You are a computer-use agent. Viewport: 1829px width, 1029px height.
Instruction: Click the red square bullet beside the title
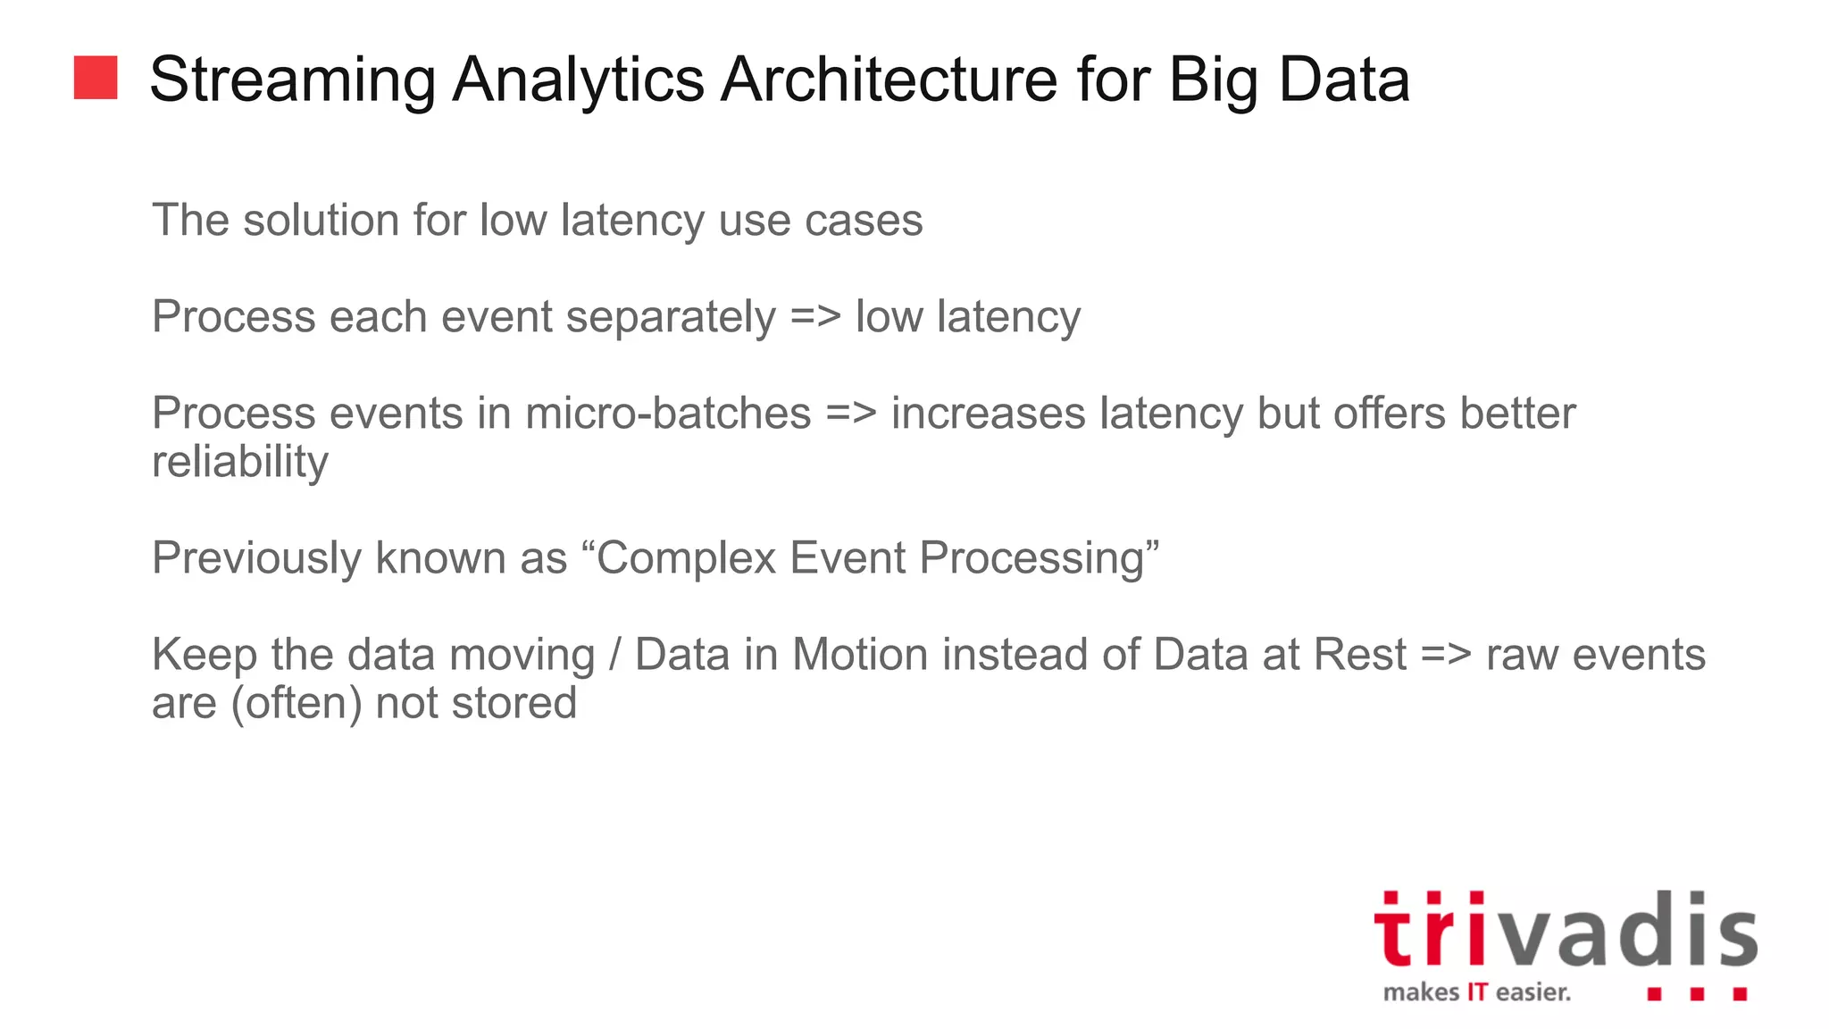[96, 78]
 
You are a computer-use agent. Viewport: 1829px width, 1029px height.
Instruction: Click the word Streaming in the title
[292, 80]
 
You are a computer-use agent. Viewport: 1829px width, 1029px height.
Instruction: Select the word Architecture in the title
[889, 80]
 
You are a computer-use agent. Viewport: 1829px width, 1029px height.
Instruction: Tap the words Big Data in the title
[1289, 80]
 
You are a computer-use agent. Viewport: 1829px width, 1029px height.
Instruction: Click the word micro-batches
[668, 414]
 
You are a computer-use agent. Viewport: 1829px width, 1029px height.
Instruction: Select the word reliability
[240, 463]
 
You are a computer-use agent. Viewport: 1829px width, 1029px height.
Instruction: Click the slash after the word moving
[614, 655]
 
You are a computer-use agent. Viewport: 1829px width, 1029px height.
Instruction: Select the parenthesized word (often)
[296, 703]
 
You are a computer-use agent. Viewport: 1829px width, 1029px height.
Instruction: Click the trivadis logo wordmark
[1565, 931]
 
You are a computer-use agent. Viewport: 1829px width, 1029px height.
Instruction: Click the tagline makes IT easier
[1476, 992]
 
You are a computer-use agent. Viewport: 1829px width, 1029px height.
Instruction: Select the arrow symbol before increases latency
[851, 414]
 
